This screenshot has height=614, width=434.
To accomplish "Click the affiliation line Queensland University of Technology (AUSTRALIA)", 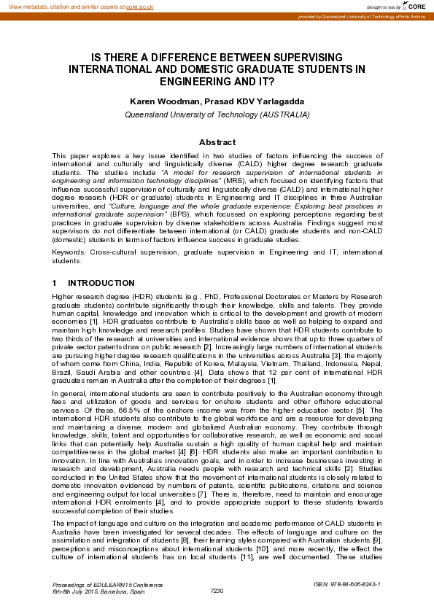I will (x=217, y=114).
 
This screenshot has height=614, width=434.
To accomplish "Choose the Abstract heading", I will (x=217, y=142).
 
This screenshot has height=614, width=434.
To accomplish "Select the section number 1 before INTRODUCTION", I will (x=55, y=283).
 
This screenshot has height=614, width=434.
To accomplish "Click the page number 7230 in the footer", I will (x=217, y=590).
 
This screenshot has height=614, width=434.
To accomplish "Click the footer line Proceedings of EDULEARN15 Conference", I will (x=108, y=584).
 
